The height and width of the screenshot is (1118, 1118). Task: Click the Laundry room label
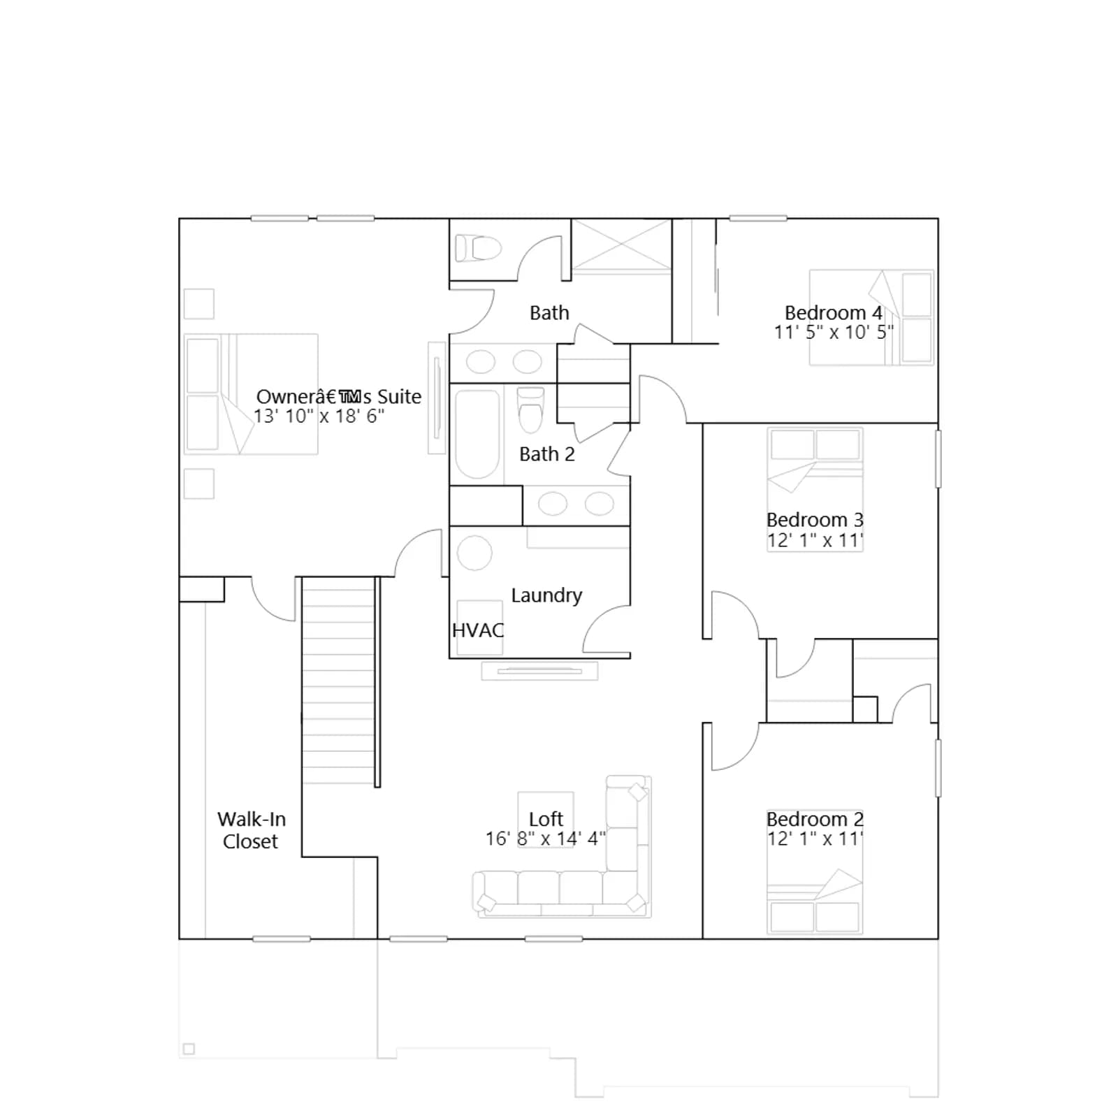[x=546, y=595]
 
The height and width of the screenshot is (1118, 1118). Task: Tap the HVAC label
[x=478, y=630]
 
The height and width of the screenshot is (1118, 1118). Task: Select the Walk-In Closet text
[x=251, y=830]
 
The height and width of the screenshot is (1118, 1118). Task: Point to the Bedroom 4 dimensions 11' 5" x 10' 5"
[x=834, y=332]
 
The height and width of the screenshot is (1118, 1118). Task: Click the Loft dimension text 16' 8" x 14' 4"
[x=546, y=838]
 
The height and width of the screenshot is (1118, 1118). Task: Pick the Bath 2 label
[x=547, y=454]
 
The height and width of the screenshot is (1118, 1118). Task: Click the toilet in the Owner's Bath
[x=479, y=248]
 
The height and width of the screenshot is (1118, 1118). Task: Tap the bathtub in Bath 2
[x=477, y=433]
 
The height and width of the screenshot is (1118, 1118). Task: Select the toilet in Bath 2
[x=531, y=411]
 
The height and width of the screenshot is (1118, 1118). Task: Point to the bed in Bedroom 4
[x=871, y=318]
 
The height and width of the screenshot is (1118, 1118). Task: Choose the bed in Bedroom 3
[x=815, y=489]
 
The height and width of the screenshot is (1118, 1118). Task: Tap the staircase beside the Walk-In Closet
[x=339, y=681]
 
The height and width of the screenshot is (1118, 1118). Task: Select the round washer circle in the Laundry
[x=474, y=553]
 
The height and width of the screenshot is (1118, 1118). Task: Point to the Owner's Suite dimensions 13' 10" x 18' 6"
[x=319, y=416]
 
